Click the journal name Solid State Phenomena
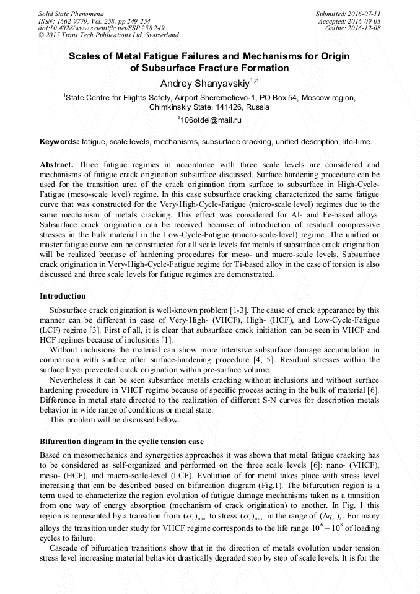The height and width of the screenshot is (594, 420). [x=71, y=13]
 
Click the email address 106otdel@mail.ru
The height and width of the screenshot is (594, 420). [x=211, y=120]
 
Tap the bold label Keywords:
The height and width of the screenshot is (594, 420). [x=59, y=142]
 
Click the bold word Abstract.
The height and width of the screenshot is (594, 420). [x=56, y=165]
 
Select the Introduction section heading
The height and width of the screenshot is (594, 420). [x=63, y=296]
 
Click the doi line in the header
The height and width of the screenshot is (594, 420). [x=102, y=28]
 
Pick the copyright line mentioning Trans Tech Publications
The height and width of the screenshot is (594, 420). [x=109, y=35]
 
